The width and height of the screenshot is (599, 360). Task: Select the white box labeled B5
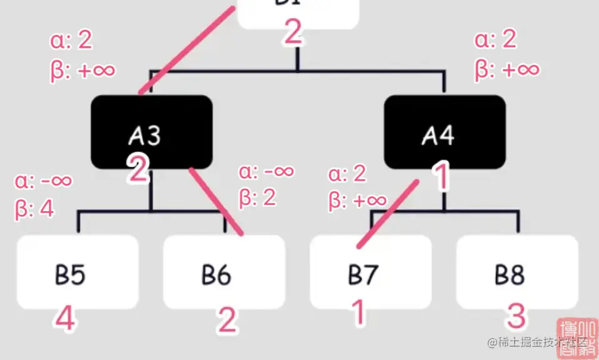(x=78, y=272)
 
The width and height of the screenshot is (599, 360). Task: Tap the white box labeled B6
(x=224, y=272)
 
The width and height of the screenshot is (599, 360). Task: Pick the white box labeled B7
(x=371, y=272)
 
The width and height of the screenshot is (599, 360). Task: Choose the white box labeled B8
(x=517, y=272)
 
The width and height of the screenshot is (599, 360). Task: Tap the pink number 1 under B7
(x=358, y=312)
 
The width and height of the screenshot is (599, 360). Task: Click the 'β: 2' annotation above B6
(x=258, y=197)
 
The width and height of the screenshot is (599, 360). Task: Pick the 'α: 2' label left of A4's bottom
(x=347, y=174)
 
